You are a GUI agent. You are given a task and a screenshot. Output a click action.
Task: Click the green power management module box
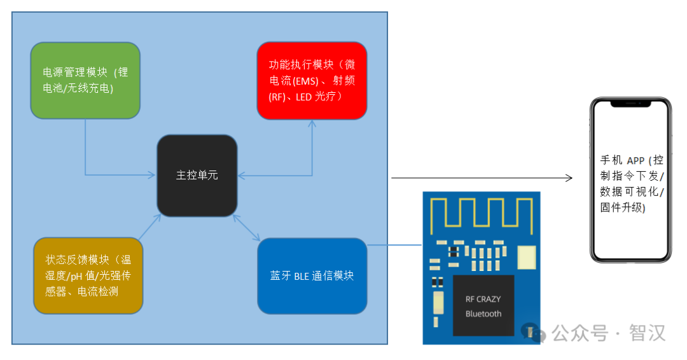(x=85, y=81)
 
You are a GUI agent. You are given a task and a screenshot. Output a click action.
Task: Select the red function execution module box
(x=312, y=81)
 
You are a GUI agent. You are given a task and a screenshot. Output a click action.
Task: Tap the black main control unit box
(x=197, y=175)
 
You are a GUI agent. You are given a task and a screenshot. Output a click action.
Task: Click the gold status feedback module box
(x=88, y=276)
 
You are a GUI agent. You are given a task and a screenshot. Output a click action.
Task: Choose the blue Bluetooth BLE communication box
(x=312, y=276)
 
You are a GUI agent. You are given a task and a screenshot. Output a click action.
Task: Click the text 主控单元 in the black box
(x=197, y=175)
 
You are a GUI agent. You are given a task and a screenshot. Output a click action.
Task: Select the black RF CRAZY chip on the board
(x=483, y=306)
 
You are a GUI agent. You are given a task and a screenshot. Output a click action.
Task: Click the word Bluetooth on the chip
(x=483, y=314)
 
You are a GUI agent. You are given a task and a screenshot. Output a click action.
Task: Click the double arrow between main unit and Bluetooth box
(x=247, y=228)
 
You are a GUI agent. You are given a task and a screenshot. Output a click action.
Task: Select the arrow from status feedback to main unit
(x=149, y=228)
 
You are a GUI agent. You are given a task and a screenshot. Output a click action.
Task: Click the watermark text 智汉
(x=647, y=333)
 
